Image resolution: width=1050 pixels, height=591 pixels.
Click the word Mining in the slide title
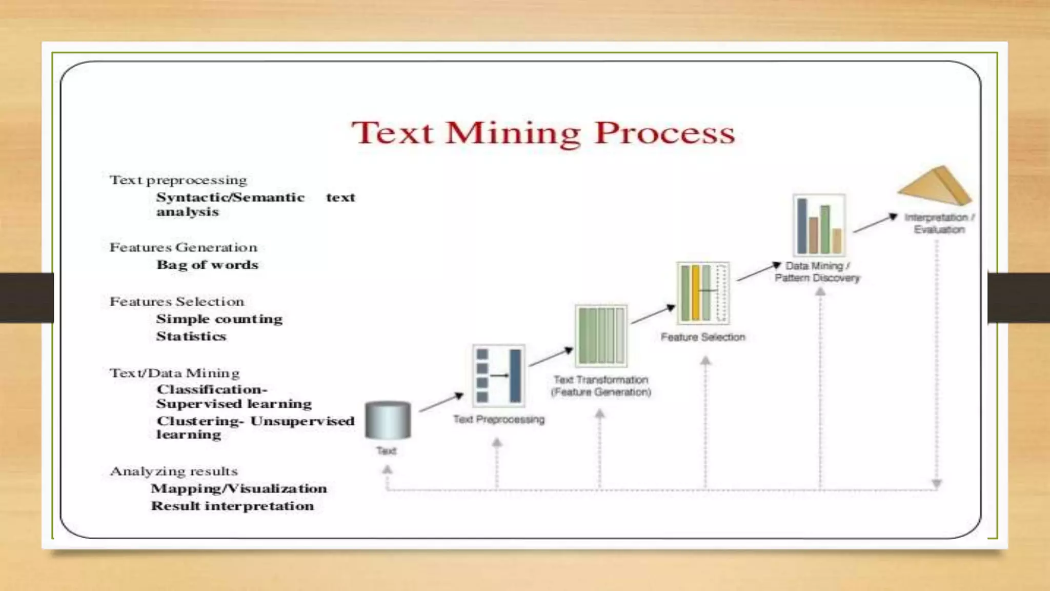(x=513, y=133)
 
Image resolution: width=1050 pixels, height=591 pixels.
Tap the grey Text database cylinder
(x=388, y=420)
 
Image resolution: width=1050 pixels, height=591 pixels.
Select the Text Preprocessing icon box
(x=498, y=376)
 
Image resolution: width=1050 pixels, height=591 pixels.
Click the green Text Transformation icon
(x=601, y=336)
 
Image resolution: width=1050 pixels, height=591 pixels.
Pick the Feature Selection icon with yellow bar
(x=703, y=293)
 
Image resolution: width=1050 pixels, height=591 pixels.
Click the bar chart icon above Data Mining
(x=819, y=225)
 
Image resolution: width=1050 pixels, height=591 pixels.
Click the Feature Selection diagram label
(x=703, y=337)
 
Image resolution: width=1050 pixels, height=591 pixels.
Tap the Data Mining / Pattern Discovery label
(x=817, y=272)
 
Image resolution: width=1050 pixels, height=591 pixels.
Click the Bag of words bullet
(x=207, y=265)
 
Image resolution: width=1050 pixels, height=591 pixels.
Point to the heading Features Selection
(x=177, y=301)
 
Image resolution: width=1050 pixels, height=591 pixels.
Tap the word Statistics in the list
(x=191, y=336)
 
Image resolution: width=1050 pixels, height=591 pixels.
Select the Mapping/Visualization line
(x=239, y=488)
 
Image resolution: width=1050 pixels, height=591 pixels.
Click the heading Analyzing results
(x=174, y=471)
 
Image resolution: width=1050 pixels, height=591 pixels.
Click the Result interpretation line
(x=232, y=506)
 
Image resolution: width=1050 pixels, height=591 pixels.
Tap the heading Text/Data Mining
(x=175, y=373)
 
